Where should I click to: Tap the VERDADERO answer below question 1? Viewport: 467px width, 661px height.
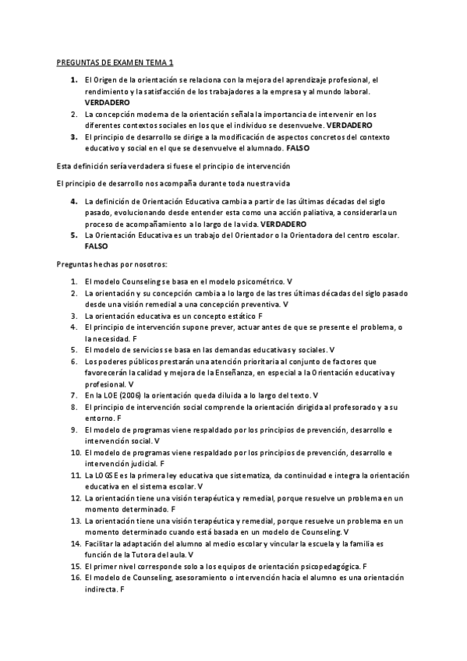click(107, 102)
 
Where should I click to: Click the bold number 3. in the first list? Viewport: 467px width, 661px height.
click(73, 136)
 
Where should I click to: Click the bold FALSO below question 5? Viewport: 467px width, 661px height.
click(97, 246)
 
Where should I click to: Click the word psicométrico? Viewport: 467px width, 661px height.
click(259, 280)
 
